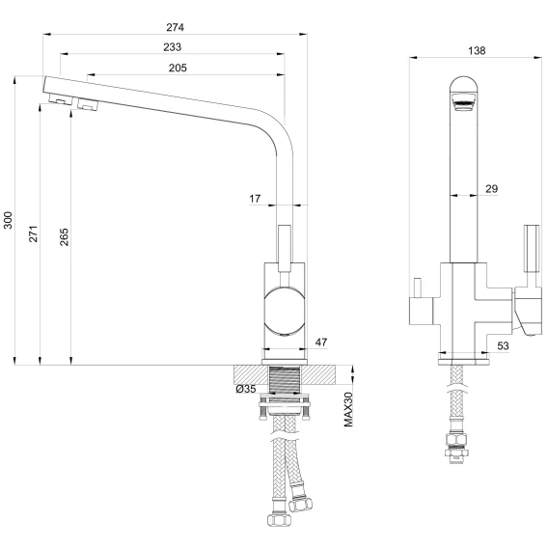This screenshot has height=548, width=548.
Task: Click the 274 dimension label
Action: tap(175, 27)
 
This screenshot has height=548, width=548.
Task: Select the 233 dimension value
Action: tap(173, 47)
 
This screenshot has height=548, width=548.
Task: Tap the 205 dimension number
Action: tap(178, 68)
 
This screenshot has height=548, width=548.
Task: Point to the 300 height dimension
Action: tap(8, 220)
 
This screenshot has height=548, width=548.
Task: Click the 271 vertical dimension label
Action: tap(33, 233)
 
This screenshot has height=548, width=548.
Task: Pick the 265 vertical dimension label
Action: tap(64, 237)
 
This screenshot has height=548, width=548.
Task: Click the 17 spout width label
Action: tap(255, 199)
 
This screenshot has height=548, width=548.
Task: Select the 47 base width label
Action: tap(321, 342)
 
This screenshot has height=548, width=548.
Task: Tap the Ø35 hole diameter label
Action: tap(246, 389)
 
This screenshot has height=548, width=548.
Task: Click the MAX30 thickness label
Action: tap(348, 409)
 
